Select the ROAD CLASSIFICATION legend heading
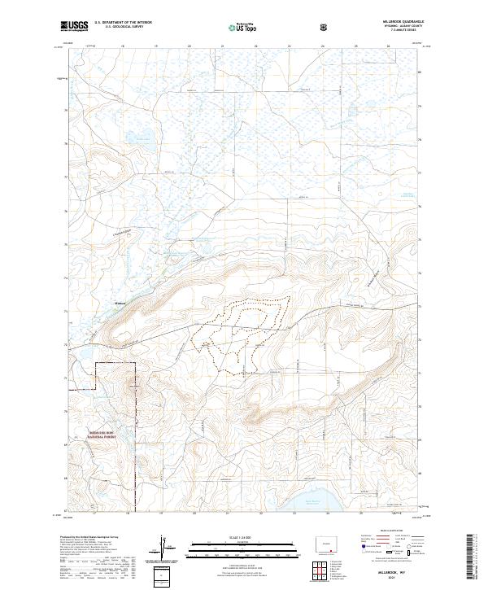[x=382, y=535]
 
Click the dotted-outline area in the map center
[x=240, y=334]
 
